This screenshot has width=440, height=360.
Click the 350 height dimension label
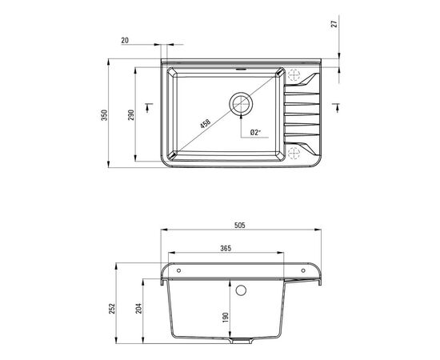[x=104, y=115]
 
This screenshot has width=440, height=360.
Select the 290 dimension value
[x=131, y=115]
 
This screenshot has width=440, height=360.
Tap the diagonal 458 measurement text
[x=205, y=123]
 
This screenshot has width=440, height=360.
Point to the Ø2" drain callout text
[x=255, y=132]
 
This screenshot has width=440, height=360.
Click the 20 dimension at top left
[x=125, y=41]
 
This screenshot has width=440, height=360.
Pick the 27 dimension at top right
[x=334, y=23]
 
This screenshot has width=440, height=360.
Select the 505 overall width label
[x=240, y=225]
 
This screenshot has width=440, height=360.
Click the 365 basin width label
[x=226, y=248]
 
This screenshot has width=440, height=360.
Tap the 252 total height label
[x=112, y=309]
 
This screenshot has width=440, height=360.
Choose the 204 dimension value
[x=139, y=308]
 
